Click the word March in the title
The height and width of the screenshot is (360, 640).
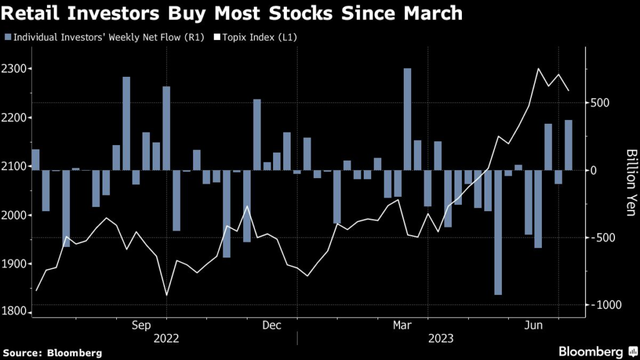(432, 14)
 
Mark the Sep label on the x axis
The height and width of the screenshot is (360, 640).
(141, 325)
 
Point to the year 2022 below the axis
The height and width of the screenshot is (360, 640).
(166, 339)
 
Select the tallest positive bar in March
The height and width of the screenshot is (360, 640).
(407, 119)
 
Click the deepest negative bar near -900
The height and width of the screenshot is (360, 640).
(498, 232)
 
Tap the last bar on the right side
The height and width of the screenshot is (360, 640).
(569, 144)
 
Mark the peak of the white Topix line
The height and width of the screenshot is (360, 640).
(538, 69)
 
